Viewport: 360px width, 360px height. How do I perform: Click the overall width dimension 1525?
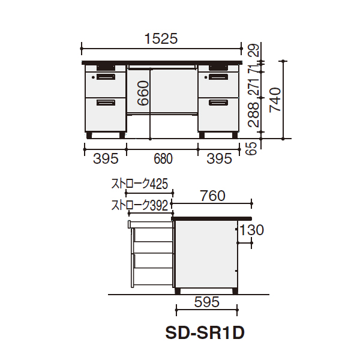tap(161, 38)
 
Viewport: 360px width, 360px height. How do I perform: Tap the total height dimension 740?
tap(275, 100)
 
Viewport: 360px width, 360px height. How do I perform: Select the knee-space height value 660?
tap(143, 93)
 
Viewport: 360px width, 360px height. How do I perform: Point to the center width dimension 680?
tap(163, 158)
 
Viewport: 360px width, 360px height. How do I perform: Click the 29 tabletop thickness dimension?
tap(254, 50)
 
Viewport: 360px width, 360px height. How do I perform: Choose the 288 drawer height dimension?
tap(254, 115)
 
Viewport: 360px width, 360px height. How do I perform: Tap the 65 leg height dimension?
tap(252, 148)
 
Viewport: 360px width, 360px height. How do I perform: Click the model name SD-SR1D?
tap(205, 333)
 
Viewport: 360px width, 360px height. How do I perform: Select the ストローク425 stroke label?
tap(140, 184)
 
